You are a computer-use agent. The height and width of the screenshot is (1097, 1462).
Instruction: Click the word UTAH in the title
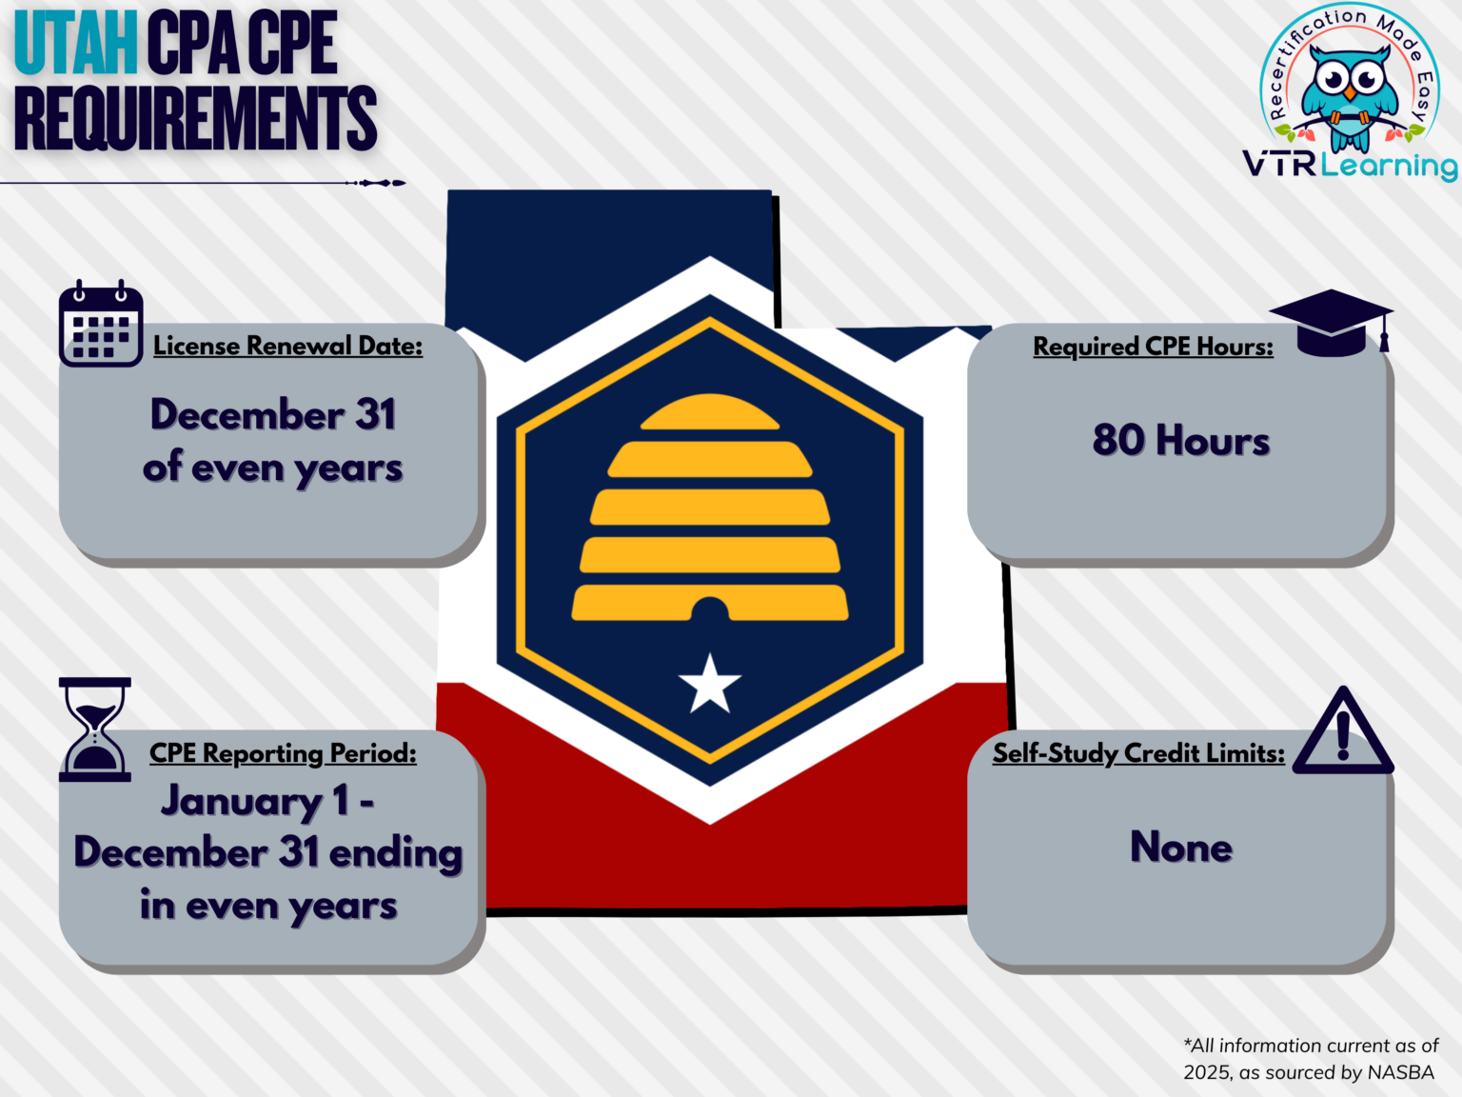tap(76, 44)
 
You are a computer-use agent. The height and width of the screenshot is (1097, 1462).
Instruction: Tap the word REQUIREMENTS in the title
tap(195, 118)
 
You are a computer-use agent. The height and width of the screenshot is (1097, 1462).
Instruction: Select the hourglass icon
tap(94, 728)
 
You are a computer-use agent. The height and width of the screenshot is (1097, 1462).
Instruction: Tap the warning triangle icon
tap(1343, 733)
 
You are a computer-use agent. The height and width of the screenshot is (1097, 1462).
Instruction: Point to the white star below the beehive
tap(709, 685)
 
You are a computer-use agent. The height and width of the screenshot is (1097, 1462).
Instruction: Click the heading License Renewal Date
tap(287, 346)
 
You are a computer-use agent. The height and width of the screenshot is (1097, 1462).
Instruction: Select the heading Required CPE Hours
tap(1153, 347)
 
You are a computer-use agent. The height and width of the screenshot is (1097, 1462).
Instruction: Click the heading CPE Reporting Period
tap(283, 753)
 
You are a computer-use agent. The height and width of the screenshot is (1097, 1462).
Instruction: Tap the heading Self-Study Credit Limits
tap(1138, 753)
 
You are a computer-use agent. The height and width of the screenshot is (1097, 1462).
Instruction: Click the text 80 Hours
tap(1180, 441)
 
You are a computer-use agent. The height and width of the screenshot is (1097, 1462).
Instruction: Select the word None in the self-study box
tap(1180, 847)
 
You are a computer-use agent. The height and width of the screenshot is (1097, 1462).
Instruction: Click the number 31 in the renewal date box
tap(375, 415)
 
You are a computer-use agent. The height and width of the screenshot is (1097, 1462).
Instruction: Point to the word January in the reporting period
tap(242, 801)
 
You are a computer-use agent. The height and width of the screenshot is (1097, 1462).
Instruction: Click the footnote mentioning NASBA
tap(1310, 1059)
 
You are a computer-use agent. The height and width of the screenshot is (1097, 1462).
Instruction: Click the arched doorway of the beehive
tap(709, 609)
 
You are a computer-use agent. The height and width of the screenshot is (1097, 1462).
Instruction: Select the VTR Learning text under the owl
tap(1349, 165)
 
